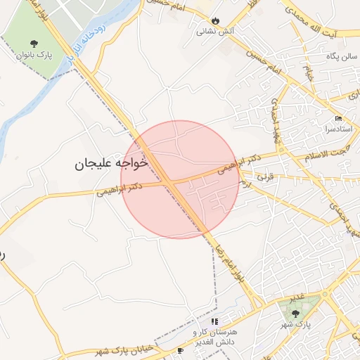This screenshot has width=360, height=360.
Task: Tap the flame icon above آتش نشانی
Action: (214, 20)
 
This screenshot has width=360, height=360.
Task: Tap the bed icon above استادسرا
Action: (338, 118)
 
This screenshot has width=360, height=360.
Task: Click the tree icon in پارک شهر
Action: (295, 312)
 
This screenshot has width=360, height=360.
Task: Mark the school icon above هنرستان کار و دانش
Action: (214, 321)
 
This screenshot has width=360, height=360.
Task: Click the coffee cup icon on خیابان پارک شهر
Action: (180, 350)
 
